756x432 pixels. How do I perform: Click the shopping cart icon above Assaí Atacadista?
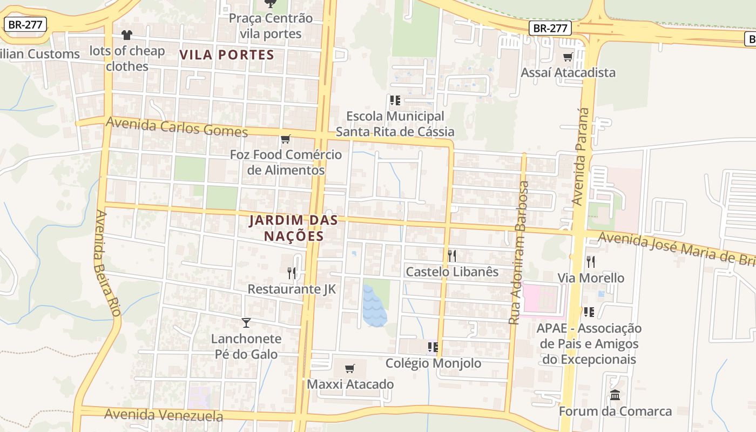(568, 57)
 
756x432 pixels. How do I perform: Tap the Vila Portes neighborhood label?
(227, 55)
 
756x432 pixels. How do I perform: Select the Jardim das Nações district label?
(294, 228)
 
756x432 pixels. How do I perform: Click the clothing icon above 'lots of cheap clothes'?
(127, 35)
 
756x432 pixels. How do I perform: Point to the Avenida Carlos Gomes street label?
(177, 127)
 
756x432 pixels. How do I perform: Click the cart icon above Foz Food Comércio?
(286, 139)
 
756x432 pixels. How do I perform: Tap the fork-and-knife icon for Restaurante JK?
(292, 273)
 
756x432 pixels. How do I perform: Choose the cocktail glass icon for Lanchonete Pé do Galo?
(246, 322)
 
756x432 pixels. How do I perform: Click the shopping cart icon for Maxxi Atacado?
(350, 368)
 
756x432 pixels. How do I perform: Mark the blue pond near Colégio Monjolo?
(374, 307)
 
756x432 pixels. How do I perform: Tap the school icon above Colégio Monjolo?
(433, 347)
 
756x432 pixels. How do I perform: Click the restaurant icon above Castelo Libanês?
(452, 255)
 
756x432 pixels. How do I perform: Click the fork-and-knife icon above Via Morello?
(591, 262)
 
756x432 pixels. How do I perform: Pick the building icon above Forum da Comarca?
(615, 395)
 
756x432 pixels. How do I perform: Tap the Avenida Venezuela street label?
(164, 415)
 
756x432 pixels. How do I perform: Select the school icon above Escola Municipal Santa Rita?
(395, 100)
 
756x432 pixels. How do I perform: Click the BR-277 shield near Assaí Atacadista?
(550, 28)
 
